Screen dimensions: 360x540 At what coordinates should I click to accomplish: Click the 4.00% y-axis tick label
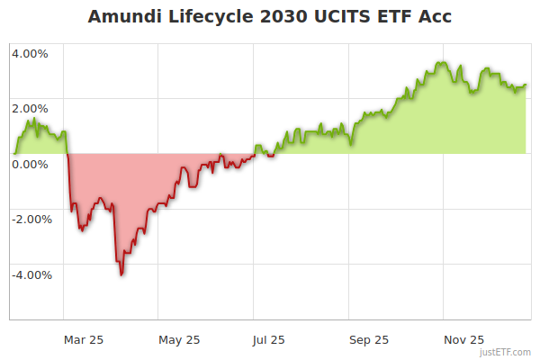click(x=30, y=53)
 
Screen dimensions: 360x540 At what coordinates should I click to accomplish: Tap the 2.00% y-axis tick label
click(x=30, y=109)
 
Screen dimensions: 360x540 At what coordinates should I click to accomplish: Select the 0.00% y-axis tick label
click(x=30, y=164)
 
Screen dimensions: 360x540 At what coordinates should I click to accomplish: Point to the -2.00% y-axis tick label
click(x=28, y=220)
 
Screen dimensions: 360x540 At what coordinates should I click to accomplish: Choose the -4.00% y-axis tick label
click(x=28, y=275)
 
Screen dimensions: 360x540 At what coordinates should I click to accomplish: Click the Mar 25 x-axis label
click(x=83, y=339)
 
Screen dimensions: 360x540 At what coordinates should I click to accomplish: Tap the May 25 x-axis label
click(x=179, y=339)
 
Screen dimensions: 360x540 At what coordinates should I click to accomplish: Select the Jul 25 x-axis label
click(x=269, y=339)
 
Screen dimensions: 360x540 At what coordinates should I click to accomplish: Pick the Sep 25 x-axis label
click(x=369, y=339)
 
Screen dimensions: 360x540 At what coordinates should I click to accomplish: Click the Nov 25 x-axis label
click(x=464, y=339)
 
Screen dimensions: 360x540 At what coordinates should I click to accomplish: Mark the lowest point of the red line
click(x=121, y=274)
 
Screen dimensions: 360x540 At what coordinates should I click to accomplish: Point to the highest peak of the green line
click(x=441, y=62)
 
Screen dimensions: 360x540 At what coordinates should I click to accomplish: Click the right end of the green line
click(x=526, y=85)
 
